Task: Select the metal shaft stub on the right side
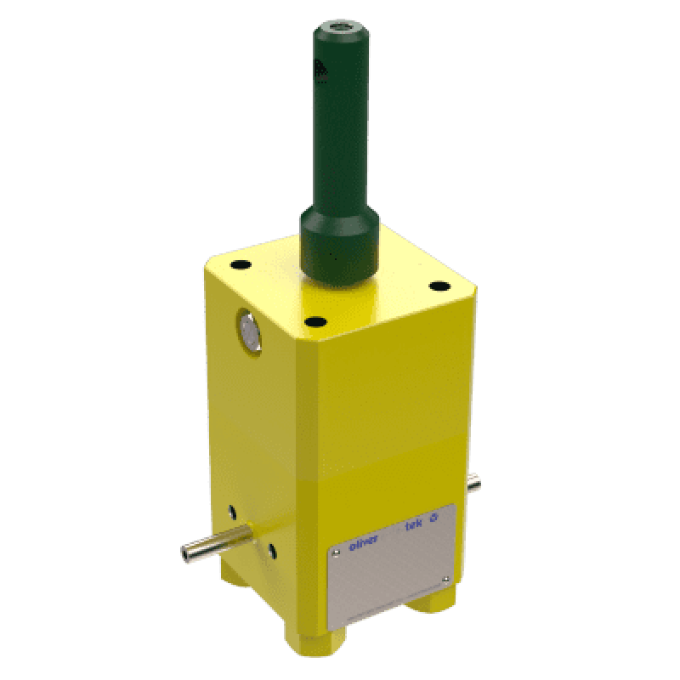(473, 484)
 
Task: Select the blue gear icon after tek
(436, 516)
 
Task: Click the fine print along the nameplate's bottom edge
(391, 606)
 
